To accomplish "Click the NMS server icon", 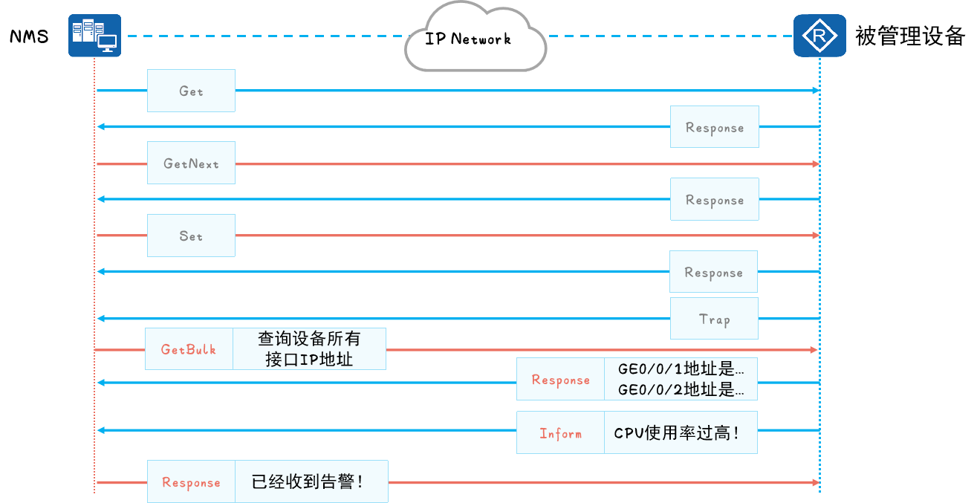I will (x=94, y=36).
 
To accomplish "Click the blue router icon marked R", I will (x=819, y=36).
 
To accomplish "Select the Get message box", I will (x=191, y=91).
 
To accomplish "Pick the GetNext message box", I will (x=191, y=163).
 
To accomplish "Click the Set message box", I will (x=191, y=236).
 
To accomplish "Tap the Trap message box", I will (x=714, y=319).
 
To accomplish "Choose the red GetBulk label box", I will (x=189, y=348).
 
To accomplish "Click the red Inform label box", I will (x=560, y=432).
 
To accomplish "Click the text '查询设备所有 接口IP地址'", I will (x=309, y=348).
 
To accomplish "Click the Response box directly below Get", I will (x=714, y=127).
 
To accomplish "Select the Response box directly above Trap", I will (x=713, y=272).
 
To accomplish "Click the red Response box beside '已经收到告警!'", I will (x=191, y=482).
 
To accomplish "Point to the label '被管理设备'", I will (x=909, y=36).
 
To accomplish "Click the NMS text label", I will (x=30, y=36).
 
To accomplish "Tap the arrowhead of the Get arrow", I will (x=816, y=91).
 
